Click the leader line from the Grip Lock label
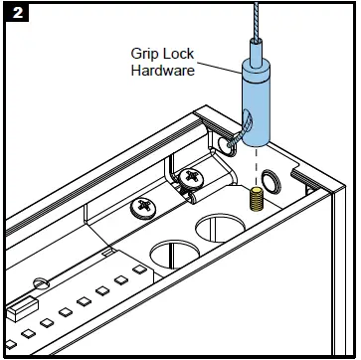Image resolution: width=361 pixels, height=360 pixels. pyautogui.click(x=219, y=69)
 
